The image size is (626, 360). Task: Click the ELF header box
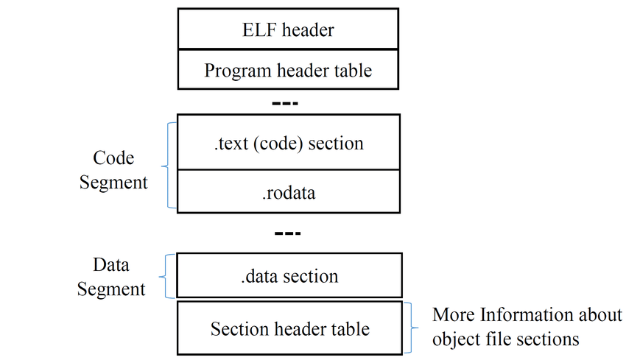288,29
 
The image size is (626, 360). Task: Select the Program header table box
288,69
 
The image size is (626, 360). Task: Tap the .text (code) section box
288,142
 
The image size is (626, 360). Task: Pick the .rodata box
288,191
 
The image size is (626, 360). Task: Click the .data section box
289,275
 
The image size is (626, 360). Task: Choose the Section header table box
289,328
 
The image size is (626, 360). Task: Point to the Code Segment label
113,170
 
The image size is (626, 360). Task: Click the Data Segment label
111,277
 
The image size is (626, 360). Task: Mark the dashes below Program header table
285,103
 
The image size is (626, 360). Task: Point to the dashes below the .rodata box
287,233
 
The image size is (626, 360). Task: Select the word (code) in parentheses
277,144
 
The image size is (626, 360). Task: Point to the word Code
113,158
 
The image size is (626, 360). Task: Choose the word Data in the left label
111,264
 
